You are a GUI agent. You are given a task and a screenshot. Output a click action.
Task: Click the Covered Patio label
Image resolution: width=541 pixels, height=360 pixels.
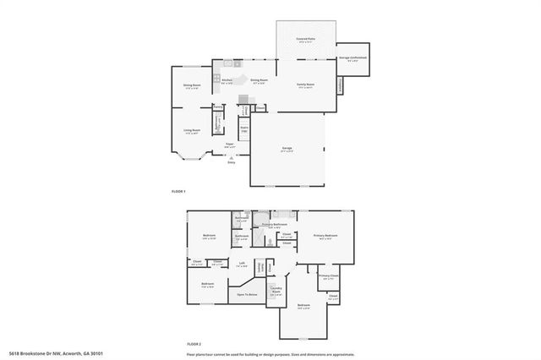click(x=305, y=39)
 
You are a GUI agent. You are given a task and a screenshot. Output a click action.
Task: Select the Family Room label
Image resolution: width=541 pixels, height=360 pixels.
click(x=304, y=85)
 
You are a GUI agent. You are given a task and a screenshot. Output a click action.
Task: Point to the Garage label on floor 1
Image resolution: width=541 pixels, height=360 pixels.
click(x=287, y=150)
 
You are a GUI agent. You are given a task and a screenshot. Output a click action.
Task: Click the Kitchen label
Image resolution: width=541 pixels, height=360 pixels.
click(x=227, y=81)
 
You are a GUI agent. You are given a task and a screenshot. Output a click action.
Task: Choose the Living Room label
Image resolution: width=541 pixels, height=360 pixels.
click(x=192, y=131)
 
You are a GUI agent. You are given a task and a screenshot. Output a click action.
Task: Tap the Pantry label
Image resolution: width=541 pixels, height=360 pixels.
click(x=217, y=107)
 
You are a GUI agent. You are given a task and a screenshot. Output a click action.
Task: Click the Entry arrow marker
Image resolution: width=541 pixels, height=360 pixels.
click(x=231, y=159)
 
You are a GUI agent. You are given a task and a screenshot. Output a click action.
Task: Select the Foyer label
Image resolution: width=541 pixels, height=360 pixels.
click(x=228, y=145)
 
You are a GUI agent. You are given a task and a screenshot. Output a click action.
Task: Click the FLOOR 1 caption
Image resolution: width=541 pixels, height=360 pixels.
click(x=178, y=192)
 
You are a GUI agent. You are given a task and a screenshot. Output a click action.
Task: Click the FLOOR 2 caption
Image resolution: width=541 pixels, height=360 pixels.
click(x=194, y=344)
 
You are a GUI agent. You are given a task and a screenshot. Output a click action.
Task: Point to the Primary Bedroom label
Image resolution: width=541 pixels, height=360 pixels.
click(x=325, y=236)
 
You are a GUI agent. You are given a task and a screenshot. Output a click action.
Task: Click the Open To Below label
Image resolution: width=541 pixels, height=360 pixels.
click(x=247, y=295)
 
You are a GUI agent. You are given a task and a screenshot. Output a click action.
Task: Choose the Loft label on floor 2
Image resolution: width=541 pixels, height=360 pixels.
click(x=242, y=263)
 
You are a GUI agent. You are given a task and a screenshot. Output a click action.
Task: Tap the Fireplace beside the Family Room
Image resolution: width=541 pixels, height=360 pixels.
click(x=342, y=85)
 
